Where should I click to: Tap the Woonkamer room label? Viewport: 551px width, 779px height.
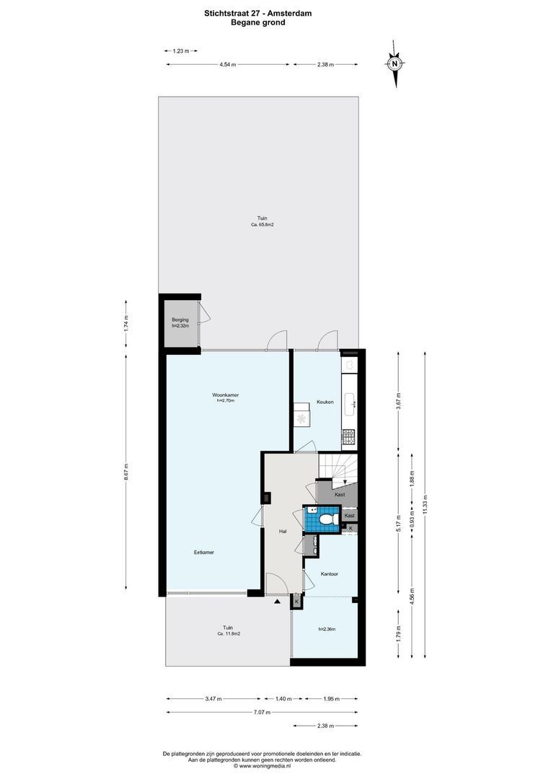click(x=225, y=395)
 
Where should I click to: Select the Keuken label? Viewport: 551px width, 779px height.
click(x=325, y=402)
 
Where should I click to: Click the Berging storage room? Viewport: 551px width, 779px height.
click(x=180, y=322)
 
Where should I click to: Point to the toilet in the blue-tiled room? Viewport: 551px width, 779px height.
click(x=326, y=518)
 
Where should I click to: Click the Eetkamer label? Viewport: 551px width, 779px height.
click(x=204, y=553)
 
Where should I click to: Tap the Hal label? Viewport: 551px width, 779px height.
click(x=283, y=531)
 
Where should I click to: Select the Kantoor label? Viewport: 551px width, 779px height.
click(x=330, y=574)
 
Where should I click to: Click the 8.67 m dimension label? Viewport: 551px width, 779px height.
click(x=126, y=472)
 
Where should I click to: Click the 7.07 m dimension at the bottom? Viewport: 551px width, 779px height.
click(x=263, y=713)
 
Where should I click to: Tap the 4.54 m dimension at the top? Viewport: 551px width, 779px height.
click(x=229, y=65)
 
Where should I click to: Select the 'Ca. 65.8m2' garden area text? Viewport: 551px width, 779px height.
click(x=262, y=225)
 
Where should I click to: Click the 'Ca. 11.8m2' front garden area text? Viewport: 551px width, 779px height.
click(x=228, y=633)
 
